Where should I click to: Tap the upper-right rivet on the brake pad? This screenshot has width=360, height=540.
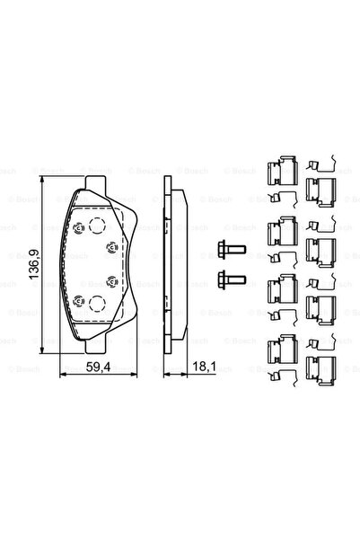coord(110,246)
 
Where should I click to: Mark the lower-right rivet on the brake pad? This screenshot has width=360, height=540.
coord(110,282)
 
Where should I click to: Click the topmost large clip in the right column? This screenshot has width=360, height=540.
coord(320,188)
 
